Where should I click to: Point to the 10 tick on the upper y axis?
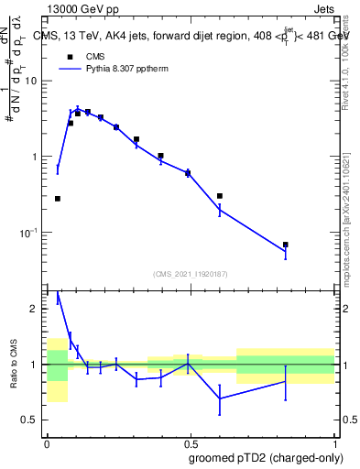pyautogui.click(x=31, y=81)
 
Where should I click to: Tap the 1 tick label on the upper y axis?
pyautogui.click(x=35, y=157)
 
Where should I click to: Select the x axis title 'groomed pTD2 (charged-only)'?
pyautogui.click(x=266, y=456)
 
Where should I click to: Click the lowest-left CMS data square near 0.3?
pyautogui.click(x=58, y=199)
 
